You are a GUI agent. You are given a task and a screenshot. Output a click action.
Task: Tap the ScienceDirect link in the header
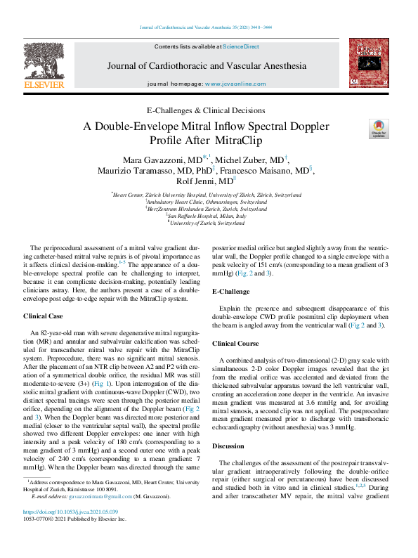[241, 46]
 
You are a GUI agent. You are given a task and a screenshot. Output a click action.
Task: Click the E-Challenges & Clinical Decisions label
[206, 111]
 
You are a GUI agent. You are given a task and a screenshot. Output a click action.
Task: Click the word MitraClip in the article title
[226, 141]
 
